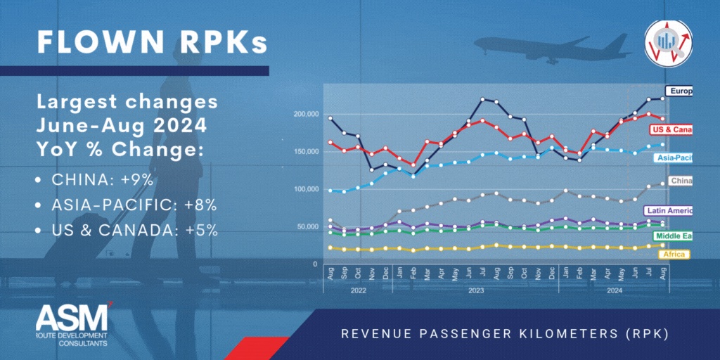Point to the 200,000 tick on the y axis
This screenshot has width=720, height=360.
(x=304, y=114)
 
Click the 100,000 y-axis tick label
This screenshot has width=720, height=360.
(x=304, y=189)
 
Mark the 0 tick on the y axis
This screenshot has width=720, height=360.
(x=314, y=264)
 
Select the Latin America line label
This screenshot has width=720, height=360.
(x=668, y=210)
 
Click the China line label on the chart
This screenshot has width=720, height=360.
(x=681, y=181)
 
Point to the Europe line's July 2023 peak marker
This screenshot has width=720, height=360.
(x=482, y=99)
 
